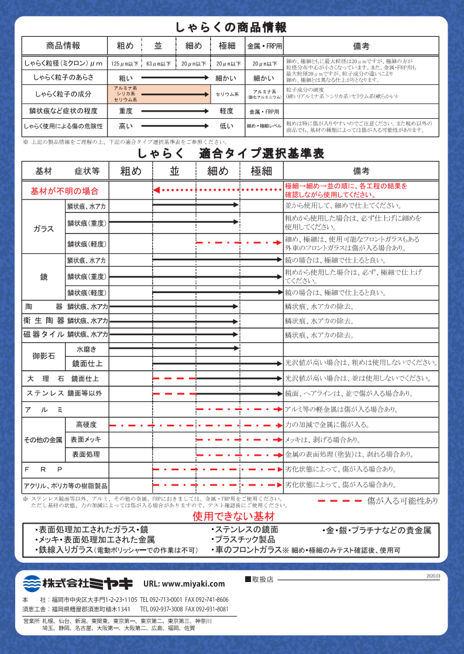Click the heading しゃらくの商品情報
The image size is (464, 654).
click(x=232, y=27)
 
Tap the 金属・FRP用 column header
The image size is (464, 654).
click(x=264, y=46)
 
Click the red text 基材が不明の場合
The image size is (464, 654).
click(x=65, y=191)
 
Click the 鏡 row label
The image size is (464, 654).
click(x=44, y=277)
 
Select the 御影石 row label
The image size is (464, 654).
click(x=44, y=356)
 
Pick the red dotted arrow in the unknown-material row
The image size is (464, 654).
click(x=217, y=190)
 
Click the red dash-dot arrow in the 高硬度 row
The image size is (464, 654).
click(x=195, y=425)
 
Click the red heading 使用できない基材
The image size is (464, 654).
click(x=233, y=517)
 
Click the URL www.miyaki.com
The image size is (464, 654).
click(x=184, y=584)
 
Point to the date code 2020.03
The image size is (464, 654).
click(x=433, y=576)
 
